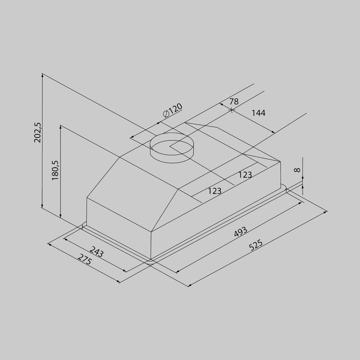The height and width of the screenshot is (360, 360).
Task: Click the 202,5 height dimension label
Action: pos(37,133)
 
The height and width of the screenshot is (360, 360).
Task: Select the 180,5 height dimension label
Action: pos(55,170)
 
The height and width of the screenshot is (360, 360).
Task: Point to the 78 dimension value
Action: pos(234,101)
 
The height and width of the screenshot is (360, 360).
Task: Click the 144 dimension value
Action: pos(259,113)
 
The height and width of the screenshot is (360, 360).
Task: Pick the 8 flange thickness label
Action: pos(297,170)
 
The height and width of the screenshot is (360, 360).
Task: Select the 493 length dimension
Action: pos(241,232)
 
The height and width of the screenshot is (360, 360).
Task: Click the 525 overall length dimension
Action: pos(256,245)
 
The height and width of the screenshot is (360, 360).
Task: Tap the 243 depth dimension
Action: pos(96,252)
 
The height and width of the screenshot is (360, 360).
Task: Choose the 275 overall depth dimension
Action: pos(85,259)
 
